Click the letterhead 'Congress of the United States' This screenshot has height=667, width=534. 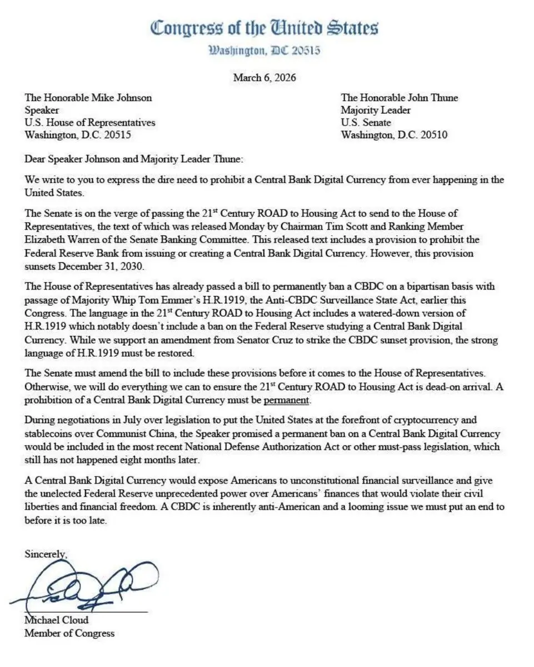click(x=264, y=28)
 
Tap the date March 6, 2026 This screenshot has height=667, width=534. click(x=264, y=77)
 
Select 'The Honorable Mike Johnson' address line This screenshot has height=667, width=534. click(x=88, y=98)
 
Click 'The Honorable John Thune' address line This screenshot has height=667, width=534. click(x=400, y=98)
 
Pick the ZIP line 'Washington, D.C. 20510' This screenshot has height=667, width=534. click(x=395, y=135)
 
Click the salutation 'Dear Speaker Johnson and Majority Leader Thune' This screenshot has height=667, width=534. click(x=134, y=159)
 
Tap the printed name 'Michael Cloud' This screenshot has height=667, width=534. click(x=56, y=620)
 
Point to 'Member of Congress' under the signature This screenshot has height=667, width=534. click(x=69, y=633)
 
